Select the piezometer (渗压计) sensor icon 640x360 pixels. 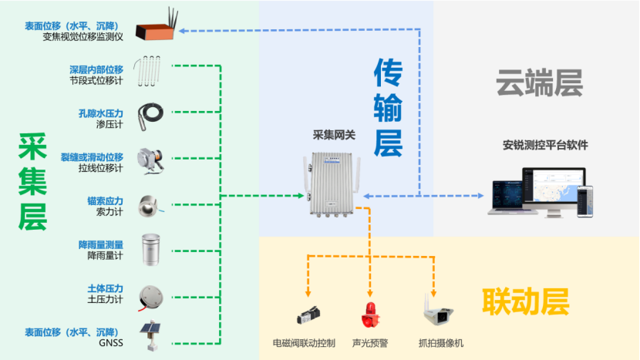[x=149, y=113]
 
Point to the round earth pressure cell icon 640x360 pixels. [x=149, y=294]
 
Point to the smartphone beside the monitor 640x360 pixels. [x=587, y=201]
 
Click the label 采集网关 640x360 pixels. [x=334, y=134]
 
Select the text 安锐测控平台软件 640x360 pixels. [x=545, y=144]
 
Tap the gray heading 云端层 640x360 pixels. [x=539, y=83]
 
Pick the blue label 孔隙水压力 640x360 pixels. [x=101, y=113]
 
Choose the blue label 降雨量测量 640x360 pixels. [x=101, y=244]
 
